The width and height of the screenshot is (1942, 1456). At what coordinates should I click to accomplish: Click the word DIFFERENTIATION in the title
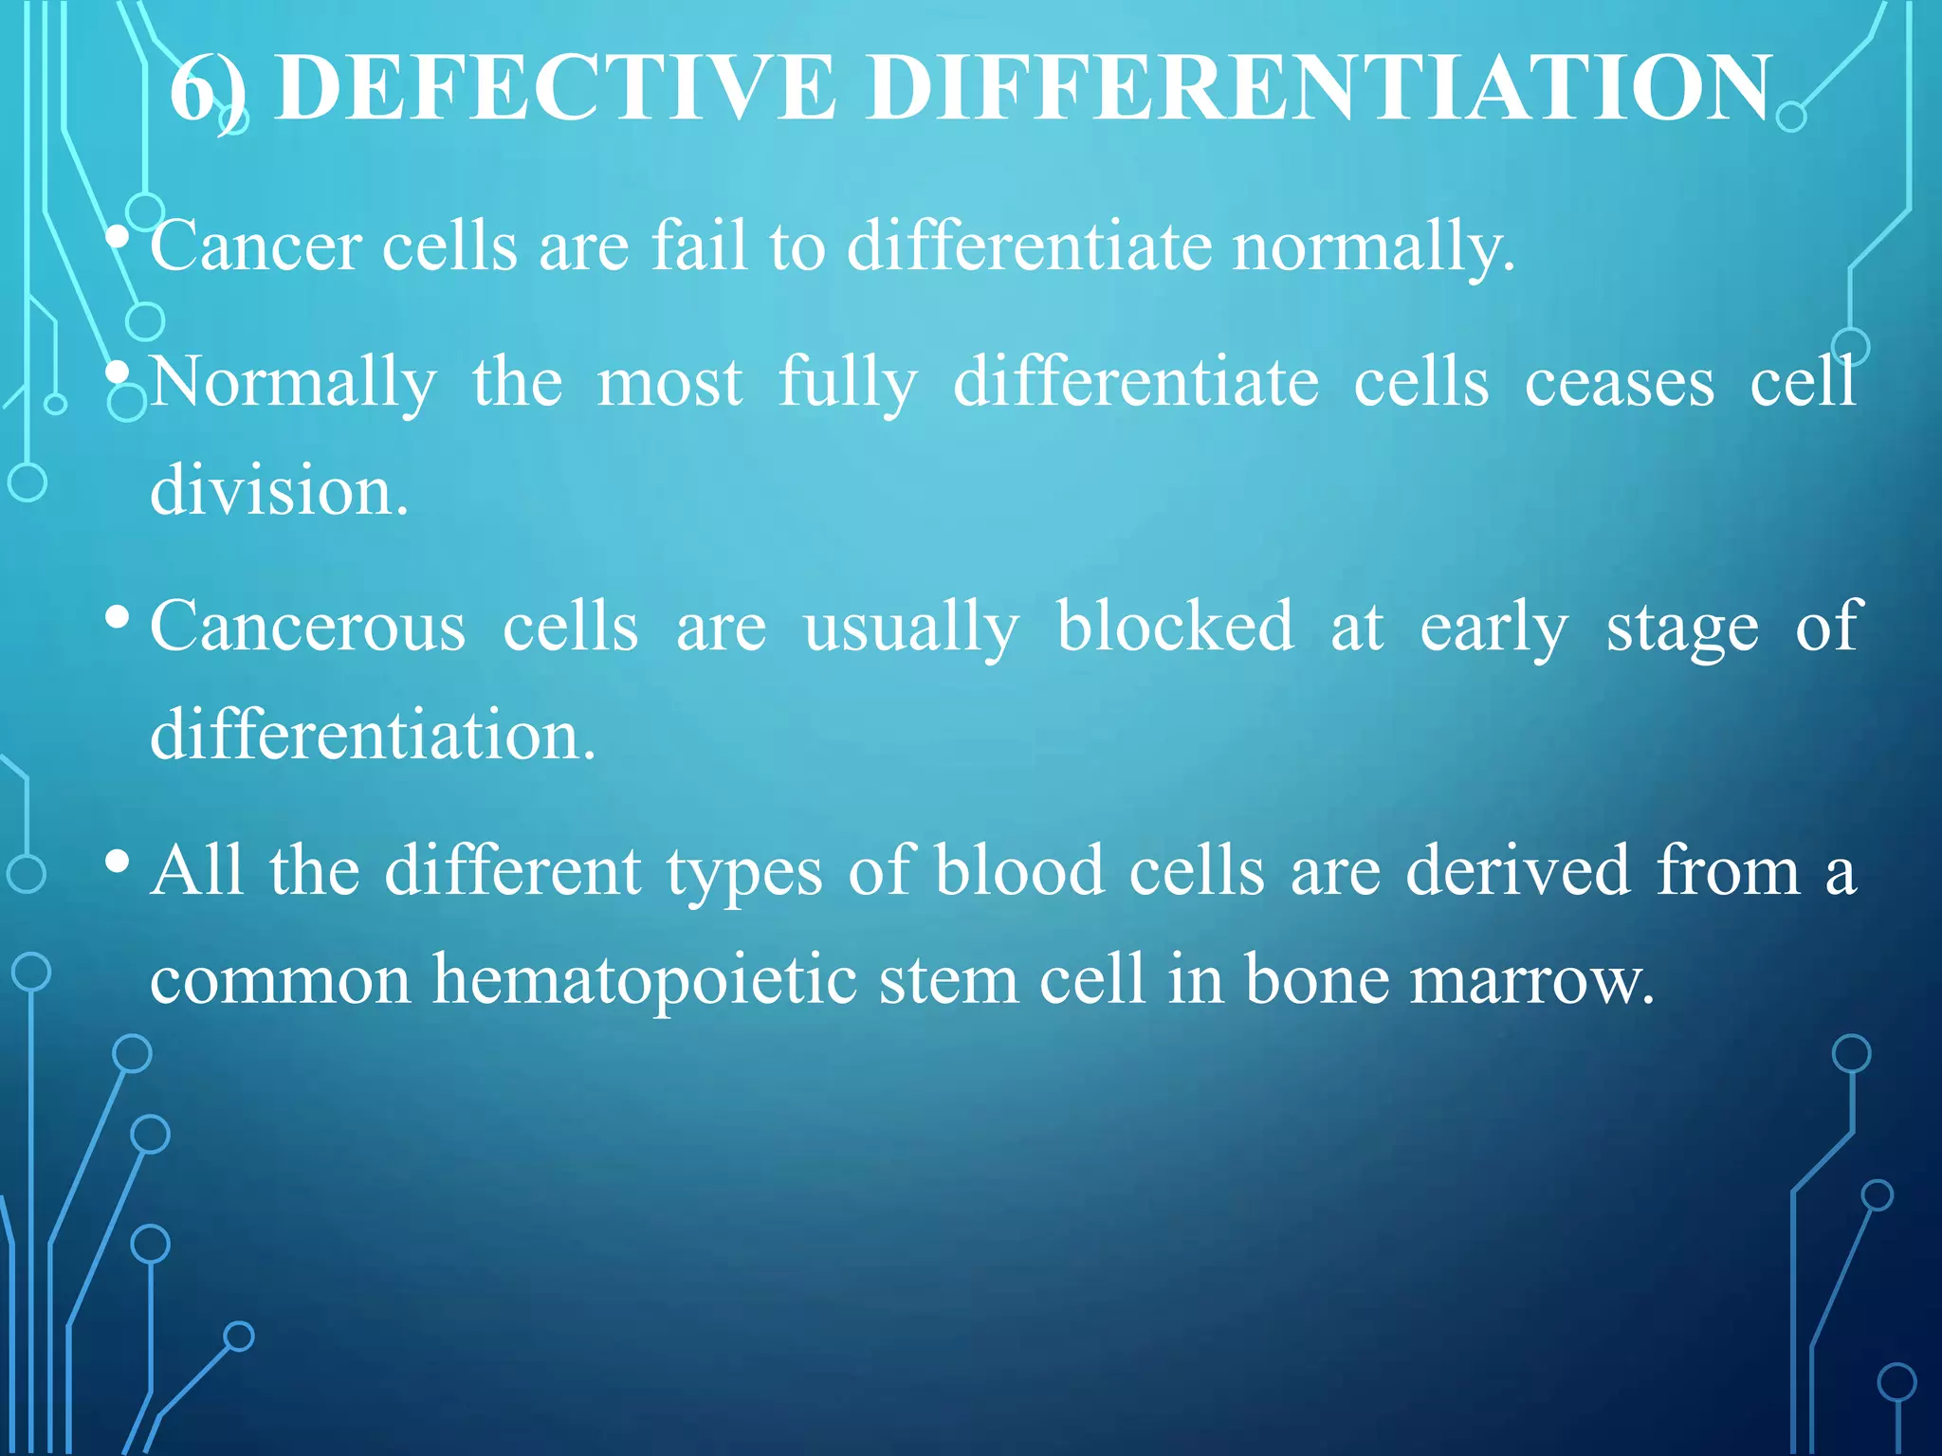pos(1318,87)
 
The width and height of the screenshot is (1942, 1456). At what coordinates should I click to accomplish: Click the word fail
pos(699,245)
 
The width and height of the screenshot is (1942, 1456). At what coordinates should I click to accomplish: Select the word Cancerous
pos(308,628)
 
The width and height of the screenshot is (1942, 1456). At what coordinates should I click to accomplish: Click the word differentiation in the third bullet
pos(372,735)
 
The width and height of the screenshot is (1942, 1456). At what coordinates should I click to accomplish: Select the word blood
pos(1019,870)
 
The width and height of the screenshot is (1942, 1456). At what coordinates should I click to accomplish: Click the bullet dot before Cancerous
pos(118,618)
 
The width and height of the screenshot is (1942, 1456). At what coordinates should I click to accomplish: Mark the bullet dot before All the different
pos(118,862)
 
